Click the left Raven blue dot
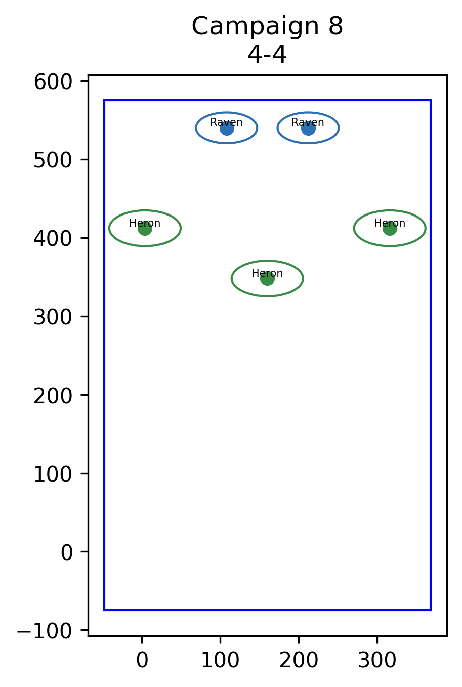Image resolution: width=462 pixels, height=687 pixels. point(227,128)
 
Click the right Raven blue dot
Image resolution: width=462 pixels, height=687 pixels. point(308,128)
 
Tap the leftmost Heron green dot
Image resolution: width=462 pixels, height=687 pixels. point(145,229)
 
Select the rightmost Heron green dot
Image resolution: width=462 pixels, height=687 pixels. point(390,229)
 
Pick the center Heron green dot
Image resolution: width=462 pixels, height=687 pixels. point(268,278)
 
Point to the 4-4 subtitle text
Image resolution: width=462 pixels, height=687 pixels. point(267,55)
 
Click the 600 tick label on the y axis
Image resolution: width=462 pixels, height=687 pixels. point(53,82)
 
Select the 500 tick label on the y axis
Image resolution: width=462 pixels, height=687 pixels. point(53,160)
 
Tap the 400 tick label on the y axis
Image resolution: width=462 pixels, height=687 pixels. point(53,239)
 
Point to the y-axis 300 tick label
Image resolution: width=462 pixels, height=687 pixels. point(53,317)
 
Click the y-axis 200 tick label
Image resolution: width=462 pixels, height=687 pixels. point(53,396)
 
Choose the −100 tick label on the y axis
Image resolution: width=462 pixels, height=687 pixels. point(45,631)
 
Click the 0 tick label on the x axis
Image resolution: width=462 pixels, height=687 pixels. point(142,660)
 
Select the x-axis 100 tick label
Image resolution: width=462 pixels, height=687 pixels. point(220,660)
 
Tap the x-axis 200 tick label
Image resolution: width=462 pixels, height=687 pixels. point(299,660)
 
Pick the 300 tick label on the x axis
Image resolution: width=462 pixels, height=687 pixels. point(377,660)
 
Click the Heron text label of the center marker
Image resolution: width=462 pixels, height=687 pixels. point(267,273)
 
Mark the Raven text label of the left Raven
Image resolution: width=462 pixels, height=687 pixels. point(226,122)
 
